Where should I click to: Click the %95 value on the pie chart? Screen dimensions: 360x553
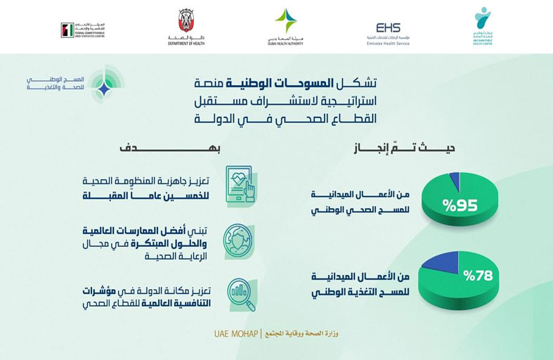pos(460,207)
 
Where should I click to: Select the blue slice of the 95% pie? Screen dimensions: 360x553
pos(453,181)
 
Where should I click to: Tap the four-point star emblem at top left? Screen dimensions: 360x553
pos(103,89)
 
